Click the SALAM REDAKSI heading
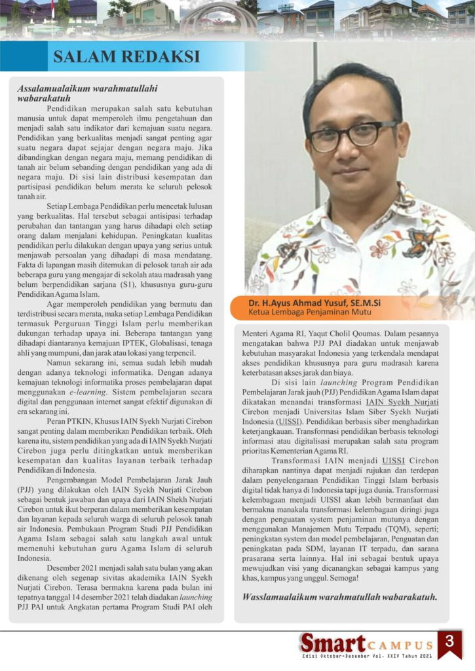point(126,56)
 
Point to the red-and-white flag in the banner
point(52,8)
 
